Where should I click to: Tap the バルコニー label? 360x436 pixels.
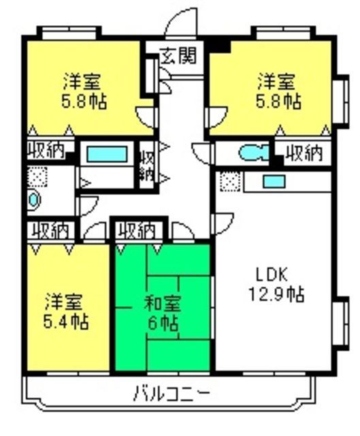pos(171,393)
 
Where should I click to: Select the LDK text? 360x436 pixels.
pos(272,275)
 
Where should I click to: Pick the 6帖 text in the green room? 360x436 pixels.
pos(162,322)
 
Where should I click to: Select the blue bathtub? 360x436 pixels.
pos(108,154)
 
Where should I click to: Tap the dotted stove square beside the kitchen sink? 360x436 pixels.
pos(230,183)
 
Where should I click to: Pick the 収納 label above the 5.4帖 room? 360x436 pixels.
pos(49,230)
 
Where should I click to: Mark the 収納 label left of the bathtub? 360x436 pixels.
pos(46,149)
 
